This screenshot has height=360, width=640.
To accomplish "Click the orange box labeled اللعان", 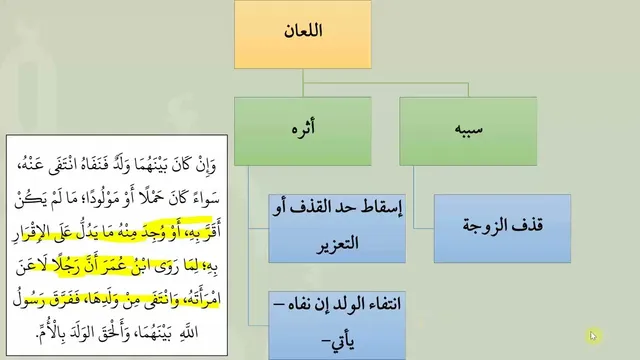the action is pos(303,34).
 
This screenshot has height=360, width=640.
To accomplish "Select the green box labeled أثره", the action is pos(303,131).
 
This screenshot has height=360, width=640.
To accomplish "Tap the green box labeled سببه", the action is pos(468,131).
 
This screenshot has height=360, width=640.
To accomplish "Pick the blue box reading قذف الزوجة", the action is pos(502,228).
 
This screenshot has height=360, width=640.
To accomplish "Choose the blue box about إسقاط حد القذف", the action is pos(337,228).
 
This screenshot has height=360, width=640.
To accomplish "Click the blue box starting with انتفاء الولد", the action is pos(337,325).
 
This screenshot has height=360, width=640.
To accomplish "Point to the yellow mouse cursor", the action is pos(593,336).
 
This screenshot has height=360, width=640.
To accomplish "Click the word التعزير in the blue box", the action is pos(337,244).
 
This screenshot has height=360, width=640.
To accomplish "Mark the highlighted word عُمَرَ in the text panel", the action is pos(124,266).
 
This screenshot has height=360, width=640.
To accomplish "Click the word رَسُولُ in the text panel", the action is pos(28,299).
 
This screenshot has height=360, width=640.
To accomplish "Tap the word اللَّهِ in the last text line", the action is pos(188,332).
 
